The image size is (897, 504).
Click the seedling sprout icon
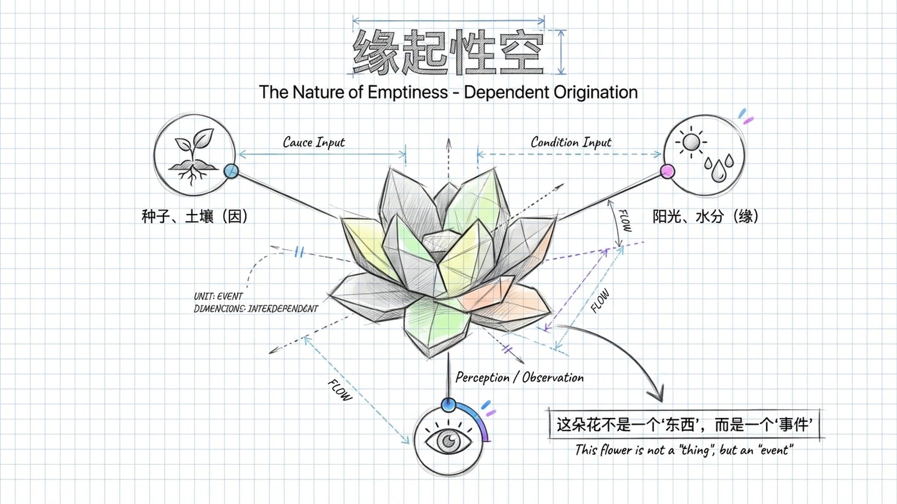pyautogui.click(x=193, y=157)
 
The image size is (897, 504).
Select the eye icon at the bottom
pyautogui.click(x=448, y=441)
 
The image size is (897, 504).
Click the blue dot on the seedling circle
pyautogui.click(x=231, y=171)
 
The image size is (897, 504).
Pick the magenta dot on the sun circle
pyautogui.click(x=668, y=171)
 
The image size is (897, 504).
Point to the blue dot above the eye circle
pyautogui.click(x=448, y=404)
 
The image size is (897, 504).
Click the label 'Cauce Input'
pyautogui.click(x=314, y=142)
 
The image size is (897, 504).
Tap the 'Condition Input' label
pyautogui.click(x=571, y=142)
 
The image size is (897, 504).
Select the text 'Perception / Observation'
pyautogui.click(x=520, y=378)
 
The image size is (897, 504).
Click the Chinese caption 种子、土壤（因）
pyautogui.click(x=194, y=217)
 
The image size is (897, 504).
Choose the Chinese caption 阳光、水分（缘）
pyautogui.click(x=705, y=217)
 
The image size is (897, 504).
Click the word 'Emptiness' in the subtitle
pyautogui.click(x=407, y=92)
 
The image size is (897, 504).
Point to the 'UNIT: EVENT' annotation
pyautogui.click(x=218, y=296)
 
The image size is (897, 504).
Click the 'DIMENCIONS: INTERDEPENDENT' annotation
pyautogui.click(x=256, y=309)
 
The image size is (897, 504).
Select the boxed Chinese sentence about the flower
pyautogui.click(x=684, y=425)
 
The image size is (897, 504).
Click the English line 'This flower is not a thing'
pyautogui.click(x=684, y=450)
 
